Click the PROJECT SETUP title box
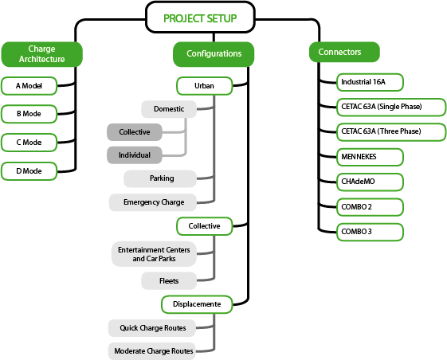[200, 18]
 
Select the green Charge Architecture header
[42, 54]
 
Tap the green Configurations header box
[214, 54]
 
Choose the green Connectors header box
[344, 52]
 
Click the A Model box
[29, 86]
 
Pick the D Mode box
[29, 171]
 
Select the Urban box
[205, 86]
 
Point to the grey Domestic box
[169, 109]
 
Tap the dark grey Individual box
[135, 155]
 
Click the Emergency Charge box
[153, 202]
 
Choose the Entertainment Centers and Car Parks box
[154, 254]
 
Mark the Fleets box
[169, 281]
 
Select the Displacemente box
[197, 304]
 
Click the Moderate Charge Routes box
[152, 351]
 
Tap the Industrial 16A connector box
[370, 82]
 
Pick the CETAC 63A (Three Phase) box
[391, 131]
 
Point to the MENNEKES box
[370, 157]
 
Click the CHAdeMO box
[370, 182]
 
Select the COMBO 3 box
[370, 232]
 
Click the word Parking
[162, 178]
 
